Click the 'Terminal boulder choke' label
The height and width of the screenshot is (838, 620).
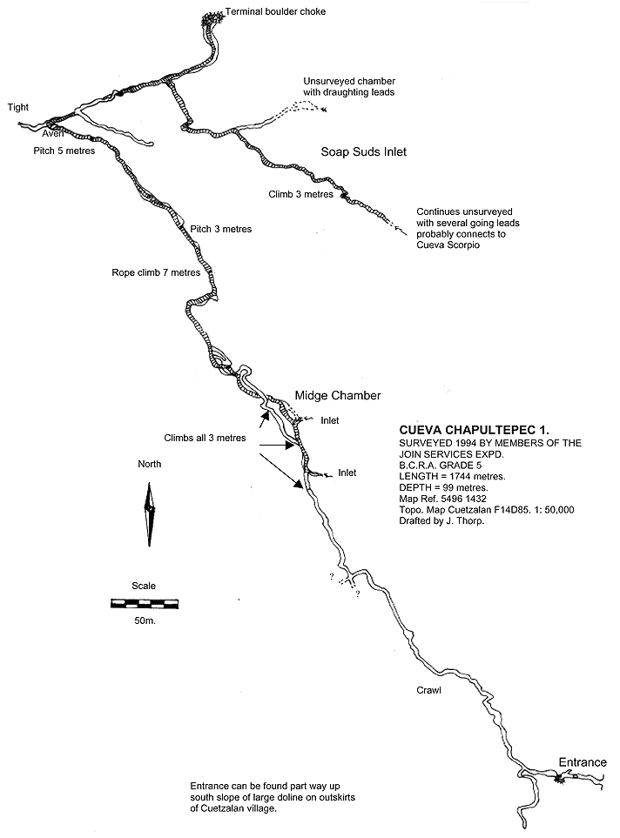pos(275,11)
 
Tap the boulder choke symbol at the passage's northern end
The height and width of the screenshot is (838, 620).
pos(212,19)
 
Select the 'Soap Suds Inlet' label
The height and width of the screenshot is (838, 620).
pos(364,151)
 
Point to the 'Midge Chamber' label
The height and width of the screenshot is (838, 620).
pos(338,395)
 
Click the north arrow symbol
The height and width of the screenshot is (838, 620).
pos(150,514)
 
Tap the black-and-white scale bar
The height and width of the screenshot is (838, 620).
pos(145,604)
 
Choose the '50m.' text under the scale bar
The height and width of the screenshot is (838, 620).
pos(145,621)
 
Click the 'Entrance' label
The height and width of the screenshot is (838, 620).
pos(583,762)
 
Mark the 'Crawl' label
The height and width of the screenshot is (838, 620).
pos(429,690)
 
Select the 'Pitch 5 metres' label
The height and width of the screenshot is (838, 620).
pos(64,151)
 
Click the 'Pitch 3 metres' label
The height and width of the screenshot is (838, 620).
pos(221,229)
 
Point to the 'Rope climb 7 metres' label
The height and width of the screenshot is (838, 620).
pos(156,272)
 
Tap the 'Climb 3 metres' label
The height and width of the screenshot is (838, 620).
pos(301,194)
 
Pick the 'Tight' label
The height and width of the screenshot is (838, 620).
pos(18,107)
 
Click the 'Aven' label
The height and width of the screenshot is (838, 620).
pos(52,134)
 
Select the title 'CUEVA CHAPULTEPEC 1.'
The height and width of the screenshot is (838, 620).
pos(475,430)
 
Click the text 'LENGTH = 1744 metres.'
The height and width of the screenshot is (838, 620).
pos(453,476)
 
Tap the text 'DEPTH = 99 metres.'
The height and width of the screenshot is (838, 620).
pos(443,487)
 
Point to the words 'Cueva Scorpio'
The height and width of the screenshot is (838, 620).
pos(448,245)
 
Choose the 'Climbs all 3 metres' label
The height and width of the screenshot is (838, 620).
pos(205,439)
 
